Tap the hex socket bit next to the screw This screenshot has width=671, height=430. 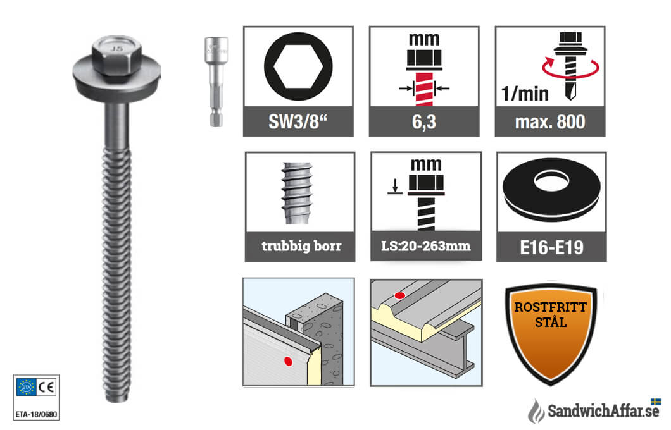[x=216, y=82]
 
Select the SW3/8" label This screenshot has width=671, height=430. [x=298, y=122]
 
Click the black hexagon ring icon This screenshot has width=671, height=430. [x=298, y=66]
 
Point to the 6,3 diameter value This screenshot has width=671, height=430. [x=424, y=122]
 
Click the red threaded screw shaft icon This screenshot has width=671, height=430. [x=424, y=89]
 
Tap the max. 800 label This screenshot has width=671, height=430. [x=550, y=122]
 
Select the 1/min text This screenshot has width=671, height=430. [x=525, y=94]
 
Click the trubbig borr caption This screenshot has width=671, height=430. [x=301, y=246]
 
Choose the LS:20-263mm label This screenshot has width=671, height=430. [x=426, y=246]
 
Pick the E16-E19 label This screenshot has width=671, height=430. [x=551, y=247]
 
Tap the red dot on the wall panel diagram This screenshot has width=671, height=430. [x=289, y=362]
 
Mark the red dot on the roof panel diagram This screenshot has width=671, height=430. [x=399, y=295]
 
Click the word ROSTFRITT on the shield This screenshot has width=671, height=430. [x=550, y=307]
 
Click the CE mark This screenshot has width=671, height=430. [x=46, y=387]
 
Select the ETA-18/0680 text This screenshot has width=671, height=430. [x=36, y=414]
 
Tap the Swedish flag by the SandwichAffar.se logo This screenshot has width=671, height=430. [x=655, y=402]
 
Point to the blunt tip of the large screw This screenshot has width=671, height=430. [x=116, y=398]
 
